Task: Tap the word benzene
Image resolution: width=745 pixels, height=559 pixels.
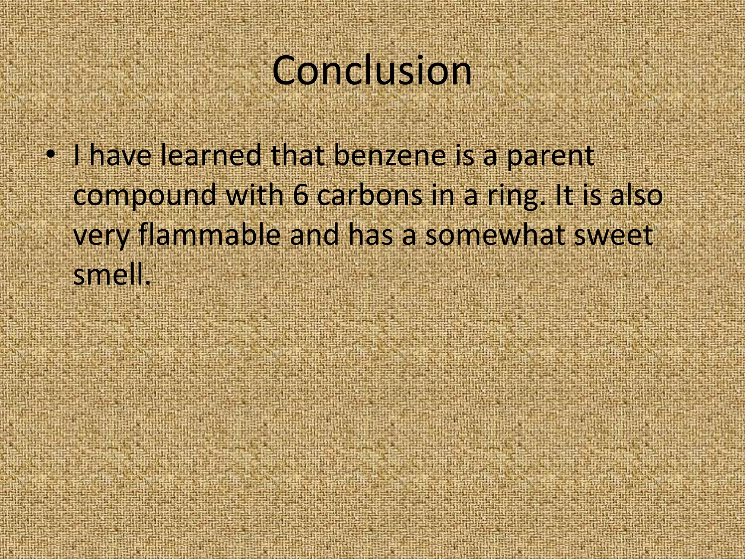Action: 389,155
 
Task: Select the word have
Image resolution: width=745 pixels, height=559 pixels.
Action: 120,155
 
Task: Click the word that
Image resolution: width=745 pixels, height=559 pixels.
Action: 298,155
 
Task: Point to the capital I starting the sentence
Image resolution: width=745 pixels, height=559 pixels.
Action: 76,155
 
